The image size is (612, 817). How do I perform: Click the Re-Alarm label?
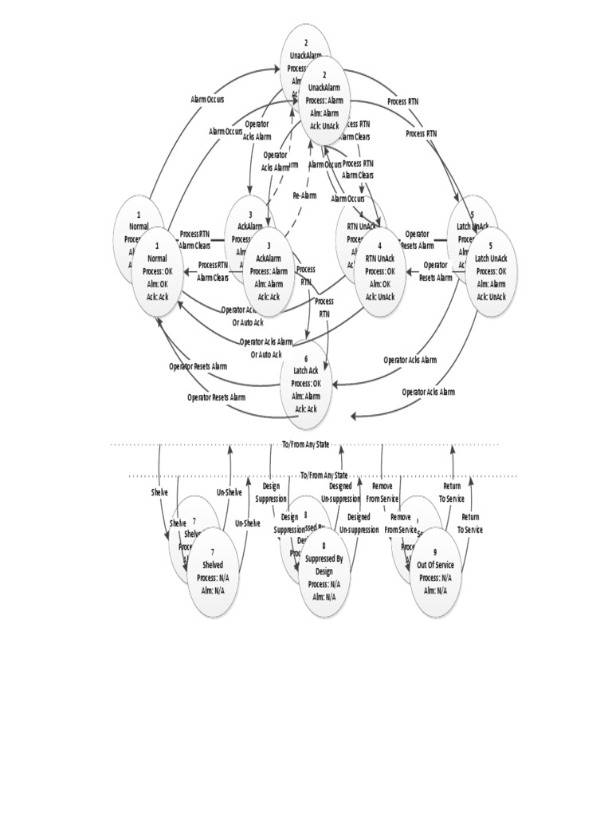click(x=304, y=195)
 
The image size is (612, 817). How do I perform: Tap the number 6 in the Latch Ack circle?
click(x=306, y=359)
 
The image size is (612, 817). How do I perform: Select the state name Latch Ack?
click(x=306, y=371)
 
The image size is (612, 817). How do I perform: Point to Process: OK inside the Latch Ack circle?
click(x=306, y=384)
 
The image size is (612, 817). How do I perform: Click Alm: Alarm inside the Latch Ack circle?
click(x=306, y=397)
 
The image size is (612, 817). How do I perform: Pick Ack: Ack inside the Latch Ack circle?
click(x=306, y=408)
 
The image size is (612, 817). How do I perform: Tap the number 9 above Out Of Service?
click(x=435, y=552)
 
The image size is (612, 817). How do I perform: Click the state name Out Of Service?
click(x=435, y=565)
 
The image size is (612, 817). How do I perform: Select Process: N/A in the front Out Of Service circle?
click(x=435, y=578)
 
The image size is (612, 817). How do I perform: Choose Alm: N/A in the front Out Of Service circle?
click(x=435, y=590)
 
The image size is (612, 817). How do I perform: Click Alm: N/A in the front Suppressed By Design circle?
click(x=324, y=596)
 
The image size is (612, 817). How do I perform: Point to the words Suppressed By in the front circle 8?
click(x=324, y=558)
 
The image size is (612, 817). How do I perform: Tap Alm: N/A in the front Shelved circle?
click(x=213, y=590)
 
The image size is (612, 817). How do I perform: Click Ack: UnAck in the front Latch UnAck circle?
click(x=491, y=297)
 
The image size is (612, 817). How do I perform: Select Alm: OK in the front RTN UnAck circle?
click(x=380, y=284)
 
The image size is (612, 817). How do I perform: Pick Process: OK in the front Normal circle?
click(x=157, y=271)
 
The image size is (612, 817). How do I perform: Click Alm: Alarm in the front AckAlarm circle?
click(x=269, y=284)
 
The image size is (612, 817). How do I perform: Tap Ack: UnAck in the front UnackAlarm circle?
click(x=324, y=125)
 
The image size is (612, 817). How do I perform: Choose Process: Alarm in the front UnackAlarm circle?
click(x=324, y=101)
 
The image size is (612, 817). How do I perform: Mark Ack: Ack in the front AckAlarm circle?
click(x=269, y=297)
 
